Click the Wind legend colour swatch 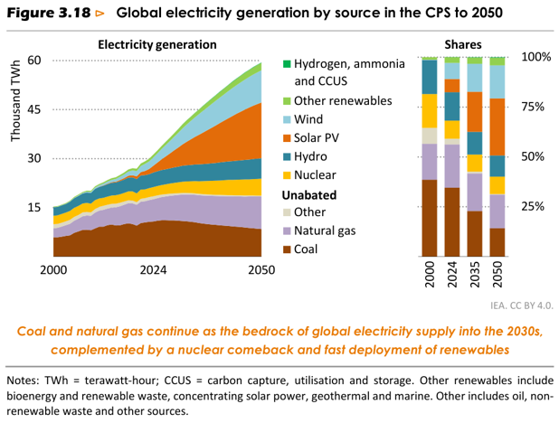[287, 119]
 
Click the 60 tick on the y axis [34, 61]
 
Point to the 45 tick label [34, 109]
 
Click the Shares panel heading [462, 44]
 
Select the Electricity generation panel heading [156, 44]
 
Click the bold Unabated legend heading [312, 193]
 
